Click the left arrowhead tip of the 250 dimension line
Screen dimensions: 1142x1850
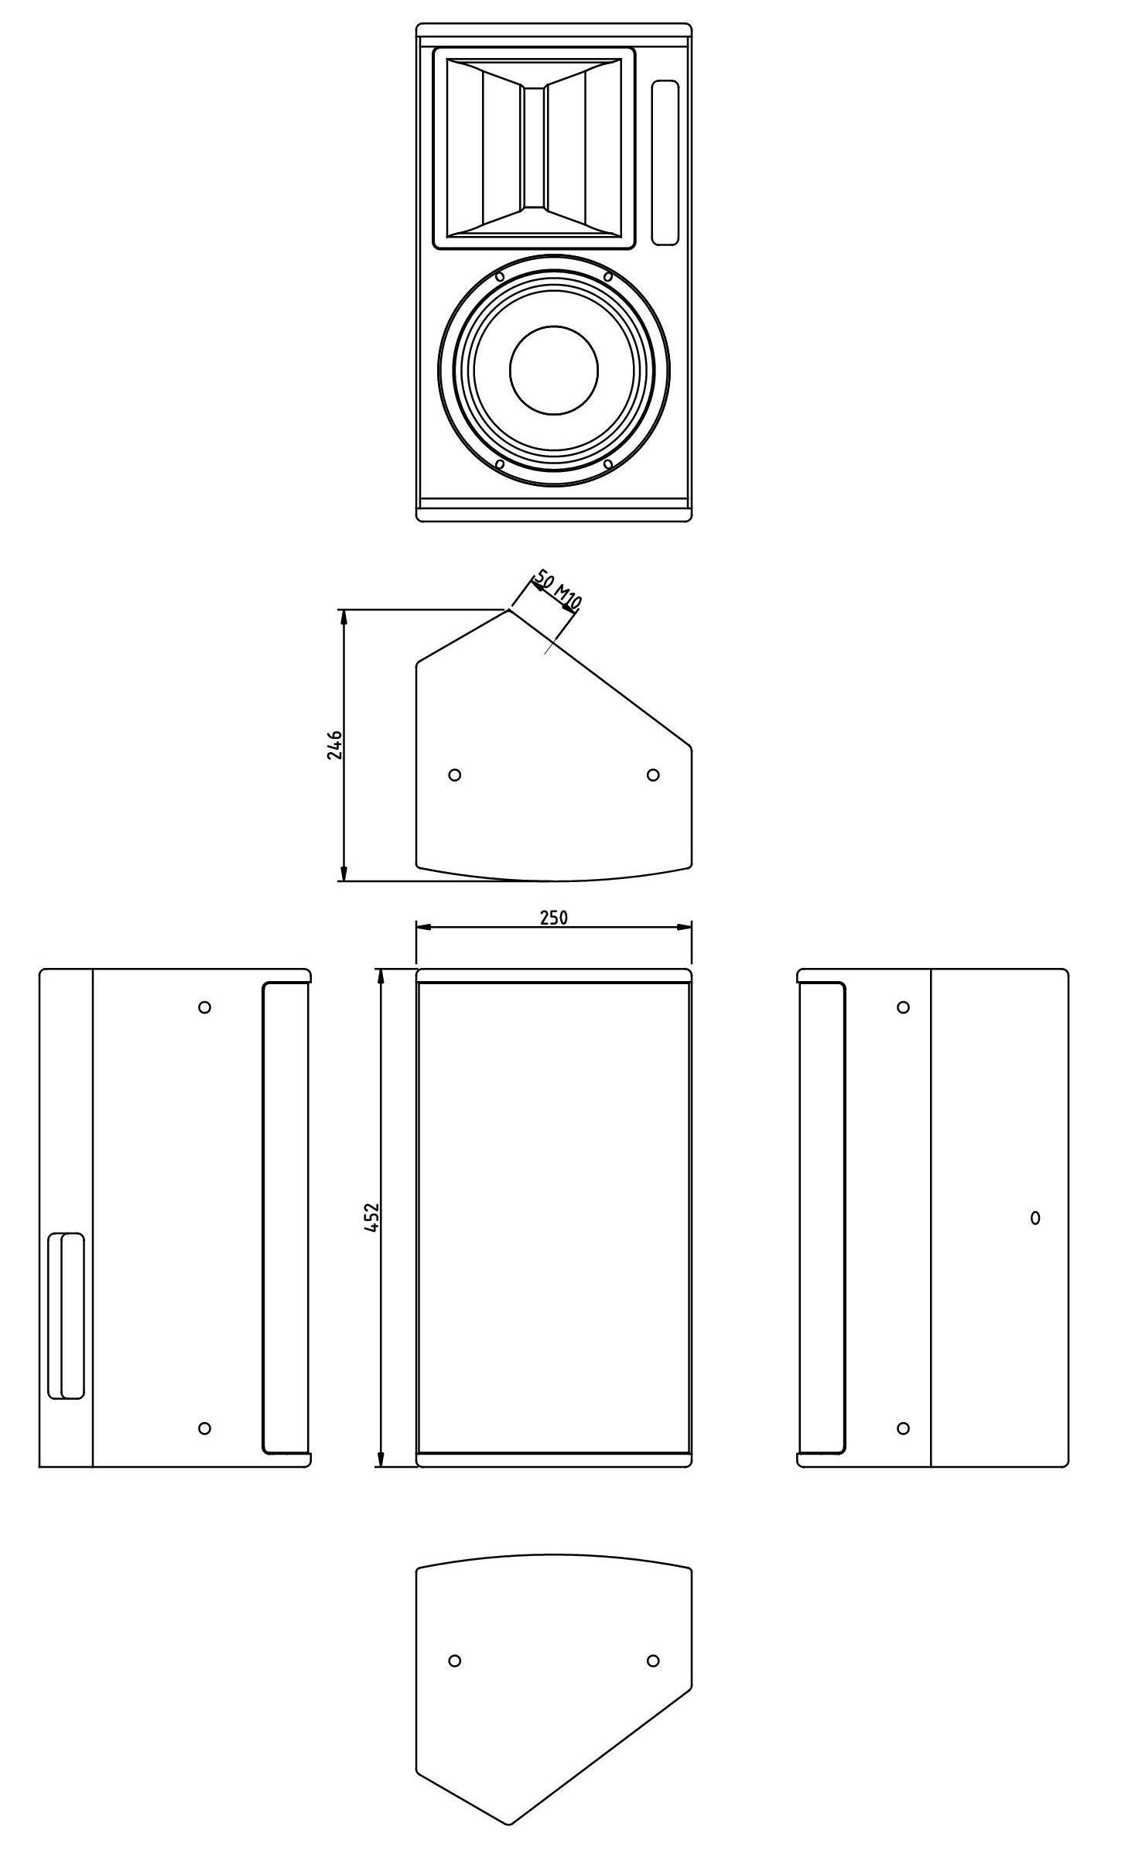click(417, 927)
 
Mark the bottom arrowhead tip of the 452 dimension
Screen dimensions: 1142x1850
click(380, 1466)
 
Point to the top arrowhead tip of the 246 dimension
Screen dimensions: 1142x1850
click(342, 610)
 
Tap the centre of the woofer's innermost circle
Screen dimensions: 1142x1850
click(554, 370)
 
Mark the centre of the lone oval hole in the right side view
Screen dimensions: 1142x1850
click(1035, 1218)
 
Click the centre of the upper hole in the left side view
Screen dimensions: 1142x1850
click(204, 1007)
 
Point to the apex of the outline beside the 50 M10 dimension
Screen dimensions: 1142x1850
click(508, 608)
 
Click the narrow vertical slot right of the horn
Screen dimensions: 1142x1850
click(665, 162)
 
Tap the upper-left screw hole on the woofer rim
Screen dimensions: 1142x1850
click(500, 276)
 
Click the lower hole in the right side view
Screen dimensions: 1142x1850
click(903, 1428)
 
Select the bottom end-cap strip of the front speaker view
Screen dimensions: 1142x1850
click(554, 514)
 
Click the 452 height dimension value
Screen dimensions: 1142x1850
click(371, 1217)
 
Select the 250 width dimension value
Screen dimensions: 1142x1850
click(554, 917)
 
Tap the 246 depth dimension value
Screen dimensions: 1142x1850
click(334, 744)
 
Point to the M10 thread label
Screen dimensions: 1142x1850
click(569, 599)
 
